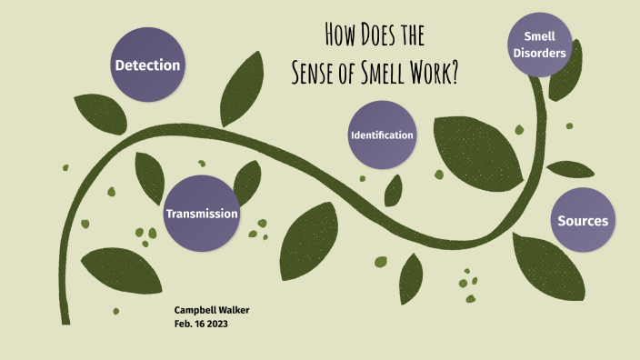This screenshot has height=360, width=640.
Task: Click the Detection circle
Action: pos(147,65)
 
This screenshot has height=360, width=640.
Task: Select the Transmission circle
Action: pos(201,213)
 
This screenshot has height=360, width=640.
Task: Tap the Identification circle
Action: pos(382,135)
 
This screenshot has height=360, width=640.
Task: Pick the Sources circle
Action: pos(583,221)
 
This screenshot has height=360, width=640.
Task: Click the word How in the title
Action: pos(339,37)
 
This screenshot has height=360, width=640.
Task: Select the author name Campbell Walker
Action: pos(212,310)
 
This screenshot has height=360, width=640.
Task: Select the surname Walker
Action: pos(233,310)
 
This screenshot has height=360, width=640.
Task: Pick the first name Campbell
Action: pos(194,310)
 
